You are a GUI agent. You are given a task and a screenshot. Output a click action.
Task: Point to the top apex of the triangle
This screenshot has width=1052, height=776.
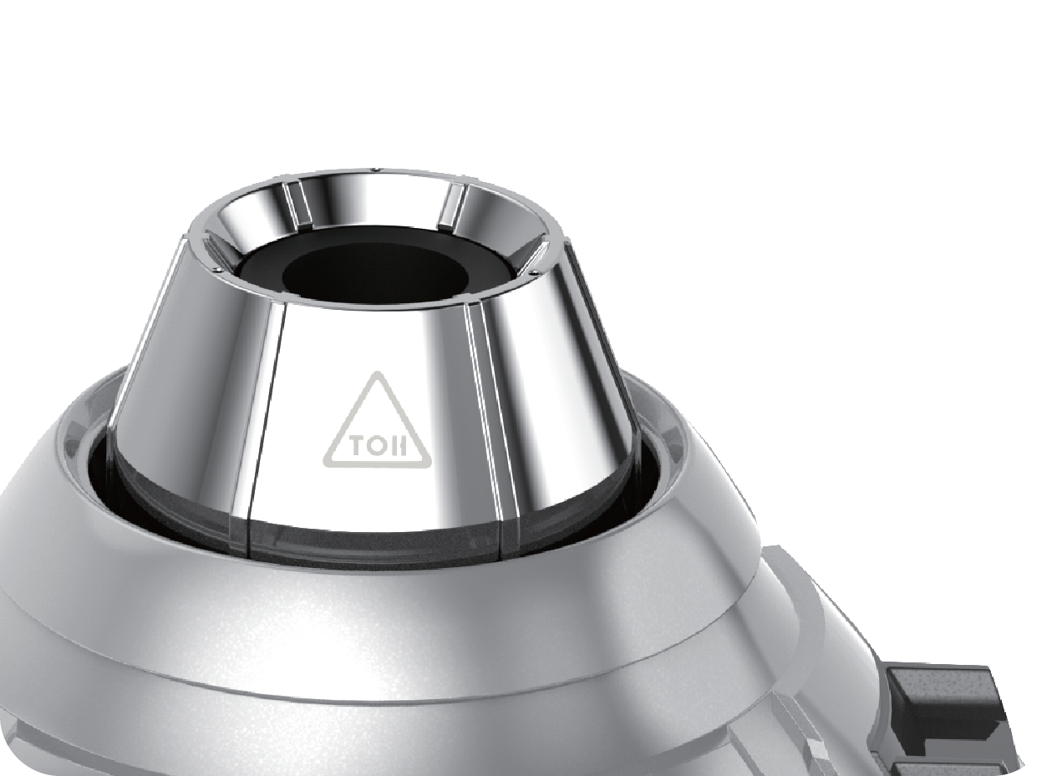pos(378,373)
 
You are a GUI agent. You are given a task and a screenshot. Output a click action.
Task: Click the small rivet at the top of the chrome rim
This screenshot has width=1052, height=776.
pos(374,169)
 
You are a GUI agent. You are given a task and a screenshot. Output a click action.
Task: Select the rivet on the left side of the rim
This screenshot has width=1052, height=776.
pos(218,270)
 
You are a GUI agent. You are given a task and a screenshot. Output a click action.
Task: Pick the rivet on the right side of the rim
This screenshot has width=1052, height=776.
pos(534,272)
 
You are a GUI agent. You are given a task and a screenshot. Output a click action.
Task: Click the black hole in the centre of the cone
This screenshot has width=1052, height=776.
pos(375,273)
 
